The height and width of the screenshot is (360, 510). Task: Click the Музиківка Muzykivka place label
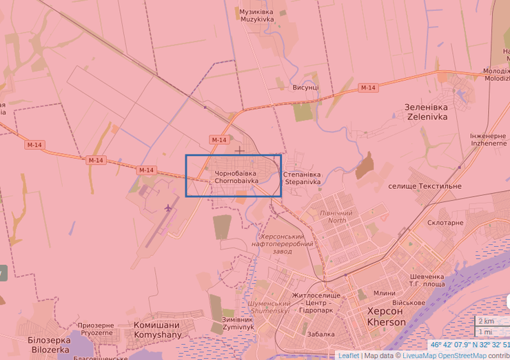[256, 15]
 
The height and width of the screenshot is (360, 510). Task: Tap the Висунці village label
[305, 88]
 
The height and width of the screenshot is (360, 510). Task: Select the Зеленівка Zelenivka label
[427, 112]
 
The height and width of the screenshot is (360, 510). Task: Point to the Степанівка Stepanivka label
[302, 178]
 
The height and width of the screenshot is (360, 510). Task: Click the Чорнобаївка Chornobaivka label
[236, 177]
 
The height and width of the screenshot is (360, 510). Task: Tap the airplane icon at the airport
[168, 207]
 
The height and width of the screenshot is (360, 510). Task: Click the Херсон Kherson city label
[387, 317]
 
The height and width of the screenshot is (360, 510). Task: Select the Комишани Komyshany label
[156, 330]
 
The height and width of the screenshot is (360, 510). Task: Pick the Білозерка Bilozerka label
[49, 345]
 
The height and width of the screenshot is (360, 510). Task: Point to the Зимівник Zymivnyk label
[238, 323]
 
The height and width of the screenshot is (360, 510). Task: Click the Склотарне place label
[445, 223]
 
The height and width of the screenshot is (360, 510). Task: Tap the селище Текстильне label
[425, 186]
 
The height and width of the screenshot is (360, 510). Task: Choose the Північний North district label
[337, 217]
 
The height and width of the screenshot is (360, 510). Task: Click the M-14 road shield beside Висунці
[368, 88]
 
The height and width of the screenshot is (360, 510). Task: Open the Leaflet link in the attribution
[348, 356]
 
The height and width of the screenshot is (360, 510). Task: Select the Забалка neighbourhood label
[320, 334]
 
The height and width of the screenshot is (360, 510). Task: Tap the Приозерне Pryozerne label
[96, 328]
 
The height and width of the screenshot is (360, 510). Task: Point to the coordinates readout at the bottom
[469, 345]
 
